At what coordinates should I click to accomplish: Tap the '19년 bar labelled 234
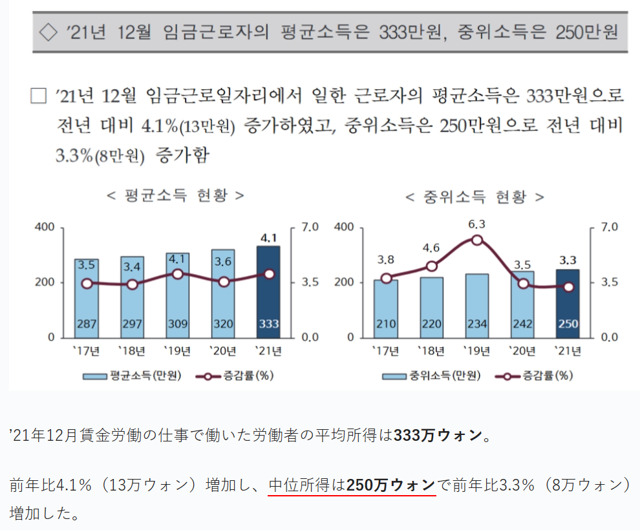tap(477, 305)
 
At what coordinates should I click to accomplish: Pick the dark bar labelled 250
tap(568, 302)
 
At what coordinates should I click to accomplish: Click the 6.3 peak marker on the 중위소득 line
tap(477, 240)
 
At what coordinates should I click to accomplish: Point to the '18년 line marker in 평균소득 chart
tap(133, 284)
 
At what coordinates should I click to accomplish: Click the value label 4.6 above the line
tap(432, 248)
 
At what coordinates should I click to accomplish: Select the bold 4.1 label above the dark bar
tap(268, 237)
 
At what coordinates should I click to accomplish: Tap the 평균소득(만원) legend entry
tap(132, 376)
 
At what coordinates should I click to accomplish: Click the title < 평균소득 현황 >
tap(175, 195)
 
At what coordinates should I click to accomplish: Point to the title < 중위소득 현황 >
tap(475, 196)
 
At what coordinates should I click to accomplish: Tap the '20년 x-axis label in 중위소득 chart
tap(522, 352)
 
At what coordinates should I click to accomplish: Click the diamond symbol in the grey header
tap(49, 30)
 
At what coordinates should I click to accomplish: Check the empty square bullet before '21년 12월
tap(39, 96)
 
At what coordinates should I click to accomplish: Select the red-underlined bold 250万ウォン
tap(391, 485)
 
